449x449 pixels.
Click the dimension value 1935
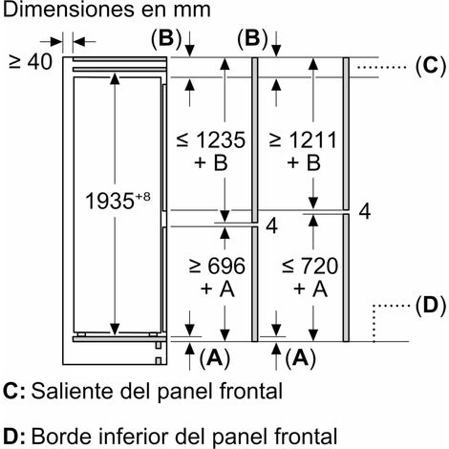click(109, 201)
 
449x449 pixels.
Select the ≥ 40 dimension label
click(31, 62)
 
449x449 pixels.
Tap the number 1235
click(221, 139)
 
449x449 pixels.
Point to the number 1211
click(313, 139)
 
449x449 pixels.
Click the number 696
click(226, 266)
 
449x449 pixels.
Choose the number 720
click(319, 266)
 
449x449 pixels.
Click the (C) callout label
click(431, 66)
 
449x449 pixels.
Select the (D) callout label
click(431, 306)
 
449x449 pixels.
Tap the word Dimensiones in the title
click(68, 10)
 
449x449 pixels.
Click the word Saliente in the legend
click(73, 391)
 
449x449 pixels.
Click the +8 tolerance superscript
click(142, 197)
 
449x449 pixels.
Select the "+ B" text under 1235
click(211, 162)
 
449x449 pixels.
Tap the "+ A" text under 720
click(310, 289)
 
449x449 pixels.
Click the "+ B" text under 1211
click(304, 162)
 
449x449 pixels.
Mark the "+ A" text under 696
click(218, 289)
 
